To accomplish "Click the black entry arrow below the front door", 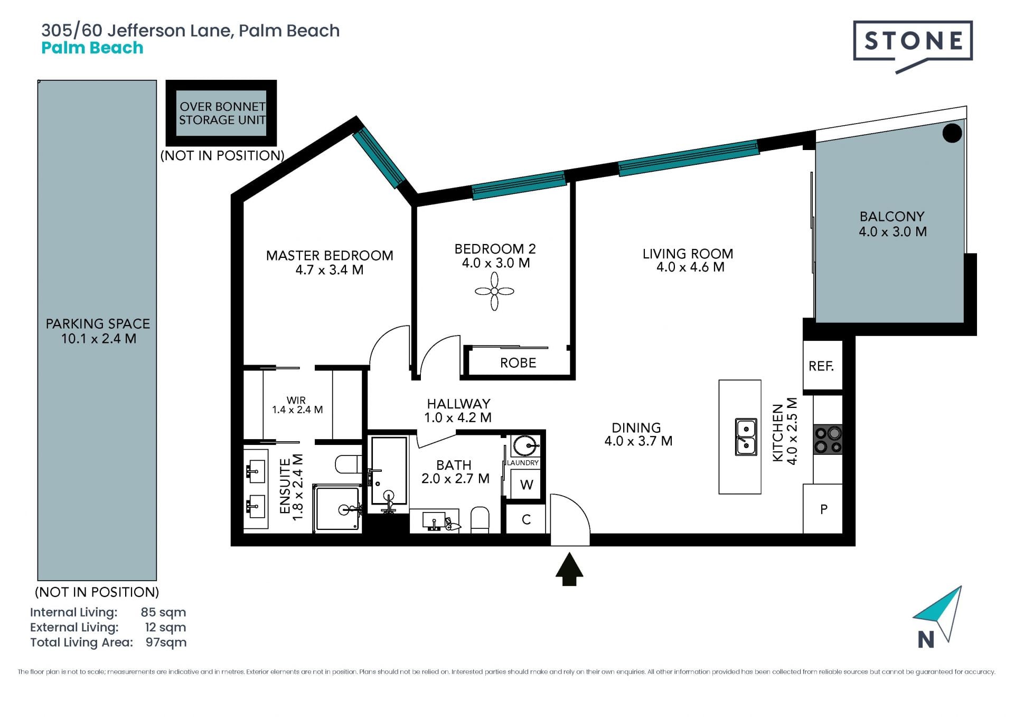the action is [569, 569].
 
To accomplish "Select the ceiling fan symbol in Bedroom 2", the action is [494, 291].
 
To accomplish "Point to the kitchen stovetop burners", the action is [828, 440].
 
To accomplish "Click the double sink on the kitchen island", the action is [746, 437].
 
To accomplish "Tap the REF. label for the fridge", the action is [821, 366].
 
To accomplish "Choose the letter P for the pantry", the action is [824, 509].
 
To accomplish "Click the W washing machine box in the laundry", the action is [527, 485].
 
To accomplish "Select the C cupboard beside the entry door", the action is [526, 519].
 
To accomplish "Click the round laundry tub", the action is [525, 445].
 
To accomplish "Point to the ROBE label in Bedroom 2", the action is [518, 363].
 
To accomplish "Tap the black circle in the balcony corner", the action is [952, 133].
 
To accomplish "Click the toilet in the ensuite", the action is [348, 464].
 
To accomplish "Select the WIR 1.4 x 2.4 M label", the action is [297, 405].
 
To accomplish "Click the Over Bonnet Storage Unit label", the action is [222, 113].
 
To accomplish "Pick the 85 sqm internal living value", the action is [163, 612].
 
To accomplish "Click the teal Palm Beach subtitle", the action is [92, 48].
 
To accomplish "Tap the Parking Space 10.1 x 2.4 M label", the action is [98, 331].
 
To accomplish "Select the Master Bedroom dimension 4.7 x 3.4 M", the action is [330, 270].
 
